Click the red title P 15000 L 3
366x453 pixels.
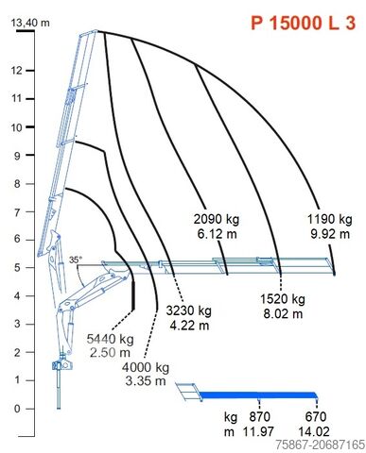(304, 23)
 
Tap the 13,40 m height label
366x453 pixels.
(30, 23)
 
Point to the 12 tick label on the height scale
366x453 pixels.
(17, 71)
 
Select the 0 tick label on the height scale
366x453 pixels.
(17, 409)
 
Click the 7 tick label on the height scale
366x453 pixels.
(17, 211)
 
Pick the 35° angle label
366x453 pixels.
(76, 260)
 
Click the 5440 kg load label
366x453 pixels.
(110, 339)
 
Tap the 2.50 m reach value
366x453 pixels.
(110, 353)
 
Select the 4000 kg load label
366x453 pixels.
(146, 367)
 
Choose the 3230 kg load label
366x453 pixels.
(189, 310)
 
